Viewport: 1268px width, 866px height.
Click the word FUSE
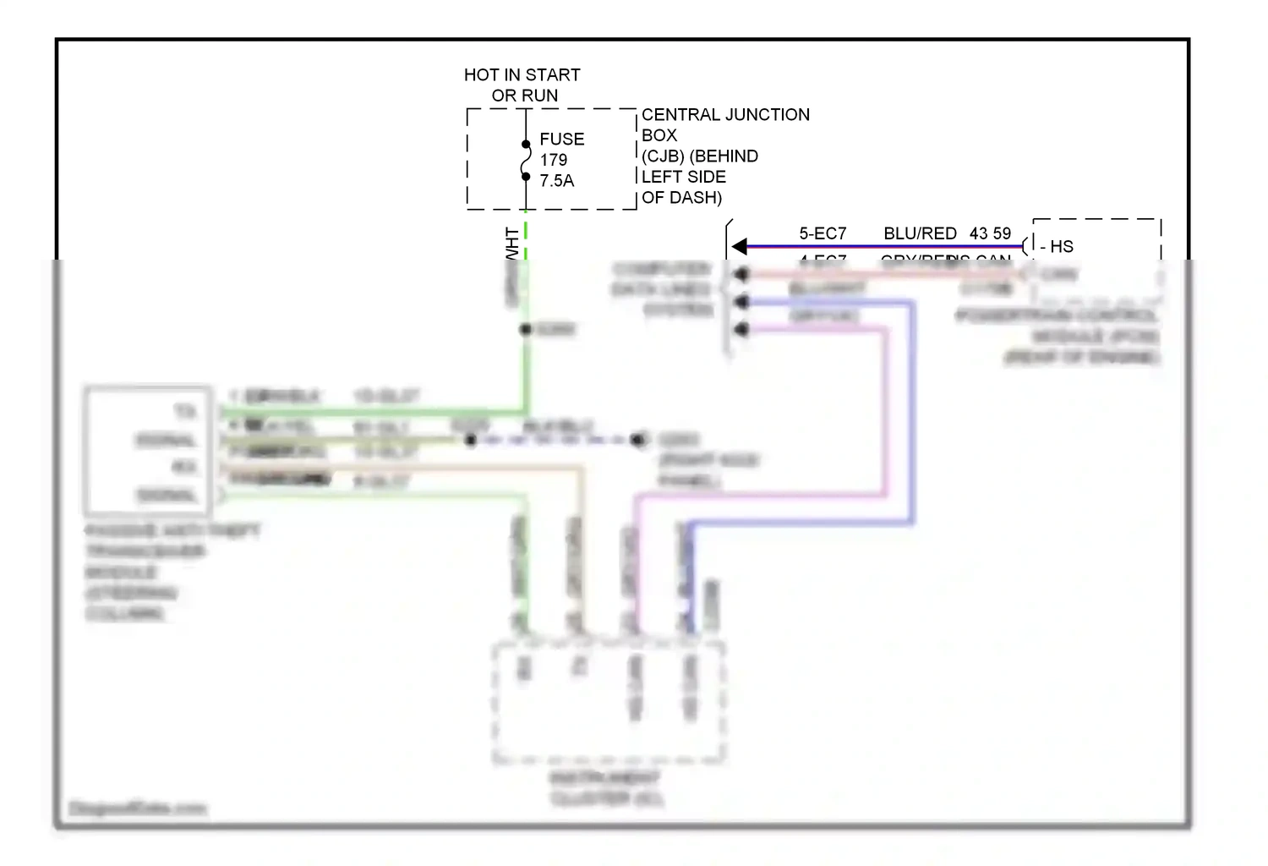[x=562, y=140]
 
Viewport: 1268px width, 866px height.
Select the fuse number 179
[x=554, y=160]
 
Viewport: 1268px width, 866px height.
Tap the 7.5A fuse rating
[x=557, y=181]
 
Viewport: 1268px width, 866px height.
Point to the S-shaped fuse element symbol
[x=526, y=161]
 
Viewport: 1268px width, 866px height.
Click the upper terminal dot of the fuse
[x=526, y=145]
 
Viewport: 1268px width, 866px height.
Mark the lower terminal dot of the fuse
[x=526, y=177]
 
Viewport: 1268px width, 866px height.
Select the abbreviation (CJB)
[x=663, y=156]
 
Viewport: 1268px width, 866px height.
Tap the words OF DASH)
[x=681, y=198]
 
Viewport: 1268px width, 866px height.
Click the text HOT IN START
[x=522, y=75]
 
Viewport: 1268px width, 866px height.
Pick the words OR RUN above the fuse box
[x=525, y=96]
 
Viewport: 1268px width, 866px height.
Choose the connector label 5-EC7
[x=823, y=233]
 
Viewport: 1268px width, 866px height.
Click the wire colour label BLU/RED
[x=920, y=233]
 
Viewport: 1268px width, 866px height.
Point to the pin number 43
[x=979, y=233]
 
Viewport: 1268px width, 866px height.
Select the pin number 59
[x=1002, y=233]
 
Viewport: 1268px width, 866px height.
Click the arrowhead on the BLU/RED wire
[x=740, y=246]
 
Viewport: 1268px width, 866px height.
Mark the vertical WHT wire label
[x=512, y=244]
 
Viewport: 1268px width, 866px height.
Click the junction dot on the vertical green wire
[x=526, y=329]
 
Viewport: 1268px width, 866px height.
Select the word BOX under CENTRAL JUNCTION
[x=659, y=135]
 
